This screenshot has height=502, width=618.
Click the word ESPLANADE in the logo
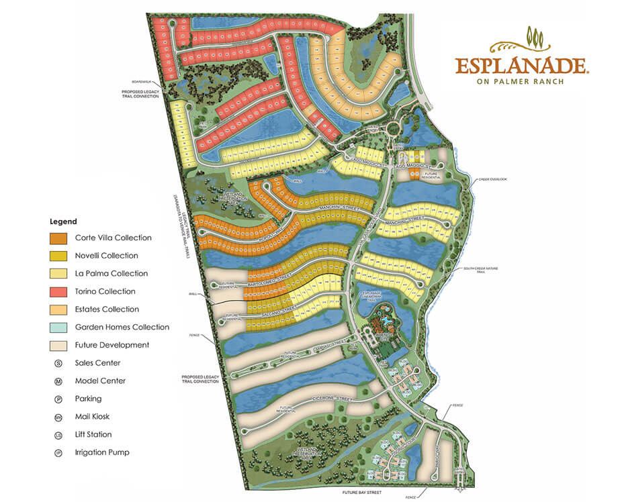pos(522,66)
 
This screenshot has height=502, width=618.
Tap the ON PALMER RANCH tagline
pos(521,82)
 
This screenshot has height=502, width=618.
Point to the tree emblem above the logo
pos(535,37)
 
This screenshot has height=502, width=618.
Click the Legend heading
pos(63,221)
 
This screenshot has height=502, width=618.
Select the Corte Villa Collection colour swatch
pos(58,238)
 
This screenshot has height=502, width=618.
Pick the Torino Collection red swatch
pos(58,291)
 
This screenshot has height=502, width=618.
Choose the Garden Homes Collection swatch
pos(58,328)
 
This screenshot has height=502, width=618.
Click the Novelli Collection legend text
pos(106,256)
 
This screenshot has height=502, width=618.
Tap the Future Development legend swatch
pos(58,345)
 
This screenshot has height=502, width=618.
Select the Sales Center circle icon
pos(58,363)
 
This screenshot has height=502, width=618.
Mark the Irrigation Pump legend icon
pos(58,452)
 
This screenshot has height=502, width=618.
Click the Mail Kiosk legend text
pos(93,417)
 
